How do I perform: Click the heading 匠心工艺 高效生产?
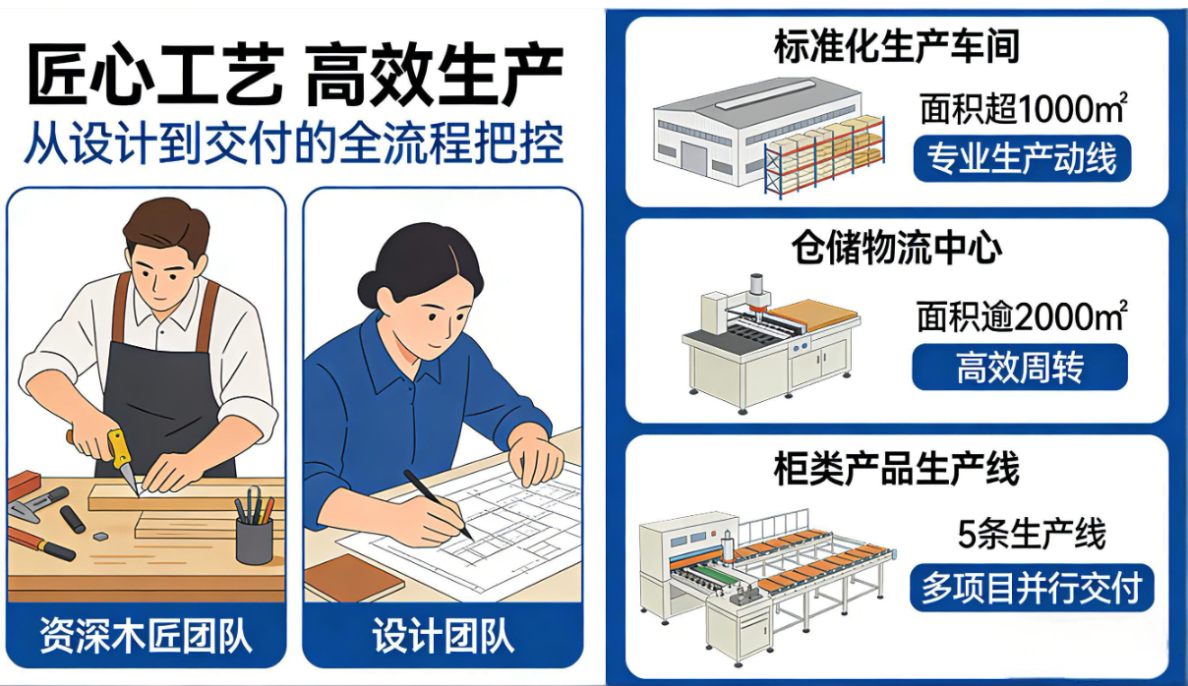click(x=295, y=76)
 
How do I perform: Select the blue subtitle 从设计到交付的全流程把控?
click(x=293, y=143)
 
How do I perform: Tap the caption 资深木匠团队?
click(x=146, y=635)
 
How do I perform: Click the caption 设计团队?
click(x=443, y=635)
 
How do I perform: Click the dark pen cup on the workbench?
click(x=254, y=540)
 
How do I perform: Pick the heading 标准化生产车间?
click(x=896, y=47)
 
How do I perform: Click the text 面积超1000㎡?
click(x=1023, y=109)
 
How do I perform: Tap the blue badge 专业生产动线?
click(x=1022, y=158)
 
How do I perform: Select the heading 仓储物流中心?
click(x=897, y=248)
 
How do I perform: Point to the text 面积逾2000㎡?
click(x=1022, y=316)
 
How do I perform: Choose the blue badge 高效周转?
click(x=1020, y=367)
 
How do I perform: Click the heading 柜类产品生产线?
click(x=897, y=469)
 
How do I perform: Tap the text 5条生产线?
click(x=1032, y=535)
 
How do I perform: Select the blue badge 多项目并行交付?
click(x=1032, y=588)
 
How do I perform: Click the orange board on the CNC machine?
click(x=816, y=316)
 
